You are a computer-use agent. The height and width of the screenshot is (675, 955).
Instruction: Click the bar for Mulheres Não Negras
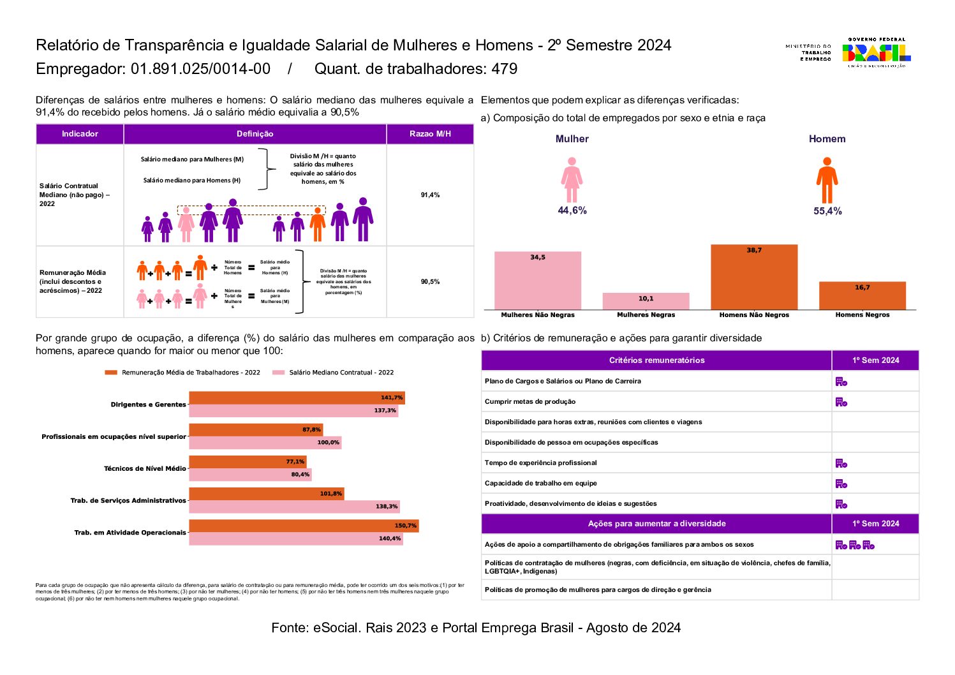pyautogui.click(x=537, y=281)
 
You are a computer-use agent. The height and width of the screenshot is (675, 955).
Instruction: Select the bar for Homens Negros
pyautogui.click(x=862, y=295)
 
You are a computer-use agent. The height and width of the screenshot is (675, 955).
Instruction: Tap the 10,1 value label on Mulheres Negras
pyautogui.click(x=646, y=299)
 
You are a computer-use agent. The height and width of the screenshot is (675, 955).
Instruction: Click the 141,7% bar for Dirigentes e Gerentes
pyautogui.click(x=297, y=398)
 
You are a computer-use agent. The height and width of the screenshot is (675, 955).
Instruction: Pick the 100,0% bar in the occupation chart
pyautogui.click(x=265, y=443)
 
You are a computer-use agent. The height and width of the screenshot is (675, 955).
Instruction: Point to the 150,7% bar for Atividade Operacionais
pyautogui.click(x=304, y=526)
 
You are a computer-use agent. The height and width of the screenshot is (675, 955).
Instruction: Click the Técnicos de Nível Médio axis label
pyautogui.click(x=145, y=468)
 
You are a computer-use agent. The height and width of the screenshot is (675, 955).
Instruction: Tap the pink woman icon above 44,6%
pyautogui.click(x=572, y=181)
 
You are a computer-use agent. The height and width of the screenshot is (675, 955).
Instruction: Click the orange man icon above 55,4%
pyautogui.click(x=827, y=181)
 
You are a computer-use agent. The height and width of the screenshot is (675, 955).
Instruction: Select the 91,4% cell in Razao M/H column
pyautogui.click(x=430, y=195)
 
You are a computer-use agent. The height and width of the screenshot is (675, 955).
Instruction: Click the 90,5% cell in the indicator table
pyautogui.click(x=430, y=281)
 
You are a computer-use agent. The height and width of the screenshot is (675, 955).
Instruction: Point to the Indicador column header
pyautogui.click(x=80, y=134)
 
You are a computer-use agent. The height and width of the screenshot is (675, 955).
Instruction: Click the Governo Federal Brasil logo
pyautogui.click(x=877, y=53)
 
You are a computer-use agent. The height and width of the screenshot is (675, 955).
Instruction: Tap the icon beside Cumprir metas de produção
pyautogui.click(x=841, y=402)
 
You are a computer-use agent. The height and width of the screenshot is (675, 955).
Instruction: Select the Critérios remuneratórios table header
pyautogui.click(x=656, y=360)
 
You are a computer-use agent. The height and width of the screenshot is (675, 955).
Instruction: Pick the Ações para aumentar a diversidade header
pyautogui.click(x=656, y=524)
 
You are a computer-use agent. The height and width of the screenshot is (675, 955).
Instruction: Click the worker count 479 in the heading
pyautogui.click(x=504, y=69)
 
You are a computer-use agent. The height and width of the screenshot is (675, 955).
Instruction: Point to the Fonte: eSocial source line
pyautogui.click(x=476, y=628)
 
